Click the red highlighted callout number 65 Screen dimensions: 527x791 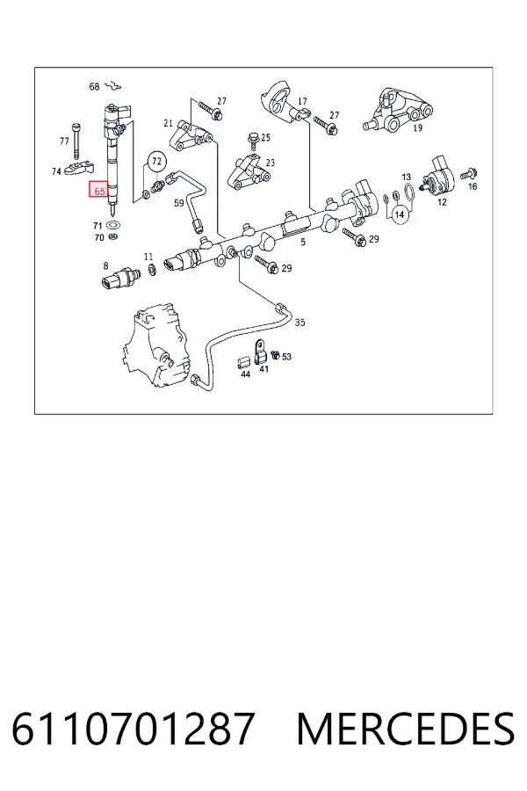(x=99, y=190)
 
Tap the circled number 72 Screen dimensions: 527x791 (x=157, y=162)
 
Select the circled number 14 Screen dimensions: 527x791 (x=400, y=214)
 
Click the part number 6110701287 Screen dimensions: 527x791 (x=133, y=729)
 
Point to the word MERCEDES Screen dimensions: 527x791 (x=406, y=729)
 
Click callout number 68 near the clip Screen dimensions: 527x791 (x=94, y=87)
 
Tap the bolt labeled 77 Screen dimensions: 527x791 (x=76, y=141)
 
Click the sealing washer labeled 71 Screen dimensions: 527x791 (x=115, y=224)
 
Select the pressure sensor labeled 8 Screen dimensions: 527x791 (x=121, y=277)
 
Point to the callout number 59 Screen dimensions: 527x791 (x=179, y=203)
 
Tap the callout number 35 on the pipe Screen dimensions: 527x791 (x=300, y=323)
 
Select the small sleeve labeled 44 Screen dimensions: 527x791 (x=244, y=362)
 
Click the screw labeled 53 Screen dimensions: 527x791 (x=275, y=355)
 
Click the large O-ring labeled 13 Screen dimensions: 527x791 (x=410, y=192)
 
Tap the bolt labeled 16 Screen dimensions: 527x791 (x=468, y=174)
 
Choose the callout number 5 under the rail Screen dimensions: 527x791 (x=303, y=243)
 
